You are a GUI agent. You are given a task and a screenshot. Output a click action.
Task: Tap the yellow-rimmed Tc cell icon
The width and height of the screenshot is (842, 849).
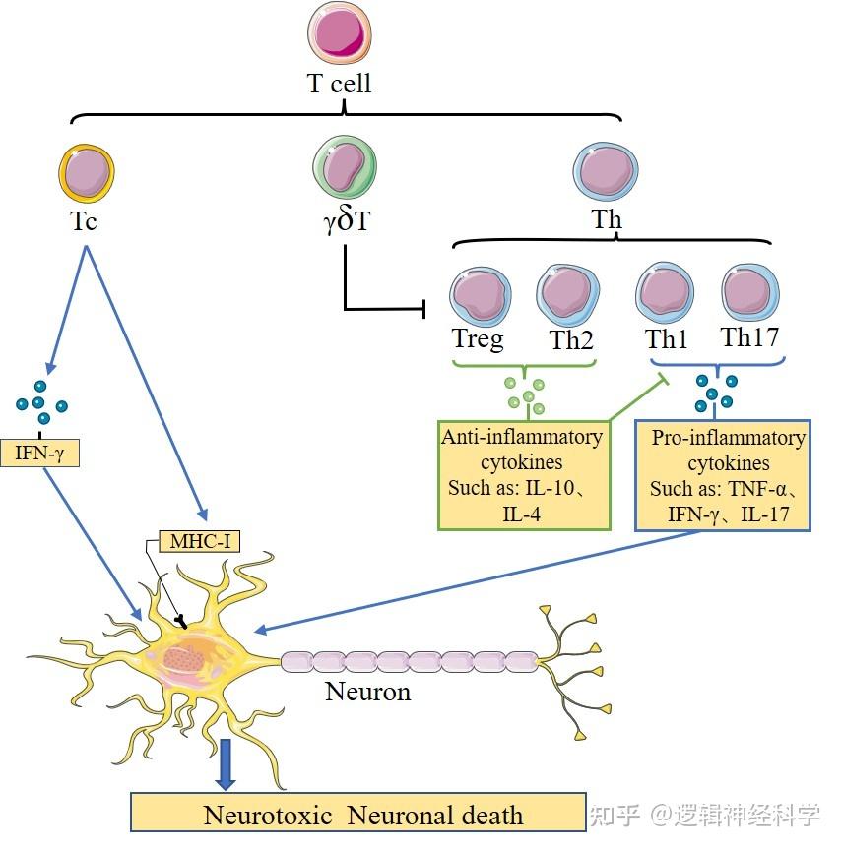pos(86,174)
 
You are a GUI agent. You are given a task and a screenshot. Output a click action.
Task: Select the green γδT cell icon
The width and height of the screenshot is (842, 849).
pos(345,168)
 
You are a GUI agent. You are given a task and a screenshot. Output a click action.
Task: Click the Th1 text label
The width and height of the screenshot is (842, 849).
pos(667,340)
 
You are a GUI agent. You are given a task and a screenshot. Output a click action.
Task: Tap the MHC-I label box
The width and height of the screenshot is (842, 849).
pos(201,540)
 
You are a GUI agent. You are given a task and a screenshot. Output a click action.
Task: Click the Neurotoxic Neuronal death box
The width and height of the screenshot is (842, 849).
pos(358,814)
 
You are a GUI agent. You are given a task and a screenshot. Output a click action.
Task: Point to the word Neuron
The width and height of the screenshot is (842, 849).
pos(367,692)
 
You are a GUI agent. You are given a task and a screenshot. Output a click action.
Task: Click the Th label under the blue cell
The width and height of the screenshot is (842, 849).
pos(607,219)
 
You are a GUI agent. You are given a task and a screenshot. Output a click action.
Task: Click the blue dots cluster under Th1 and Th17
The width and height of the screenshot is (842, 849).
pos(715,392)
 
